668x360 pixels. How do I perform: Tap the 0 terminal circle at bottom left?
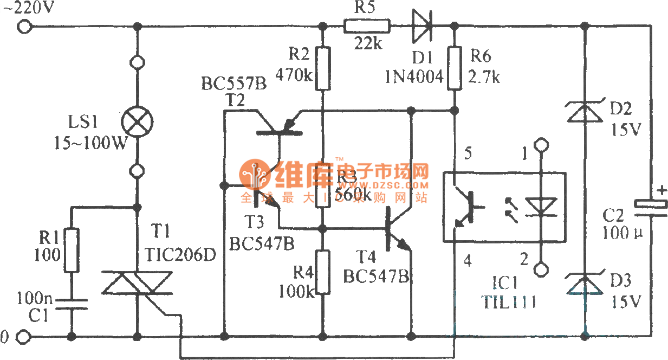coord(23,338)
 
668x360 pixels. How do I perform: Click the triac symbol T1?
coord(137,286)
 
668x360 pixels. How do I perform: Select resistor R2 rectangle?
coord(323,68)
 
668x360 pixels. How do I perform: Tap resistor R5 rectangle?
coord(367,25)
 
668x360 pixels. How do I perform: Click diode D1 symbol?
coord(422,25)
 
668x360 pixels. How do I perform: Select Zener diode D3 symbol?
coord(585,284)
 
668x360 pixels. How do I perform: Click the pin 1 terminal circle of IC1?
coord(540,145)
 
